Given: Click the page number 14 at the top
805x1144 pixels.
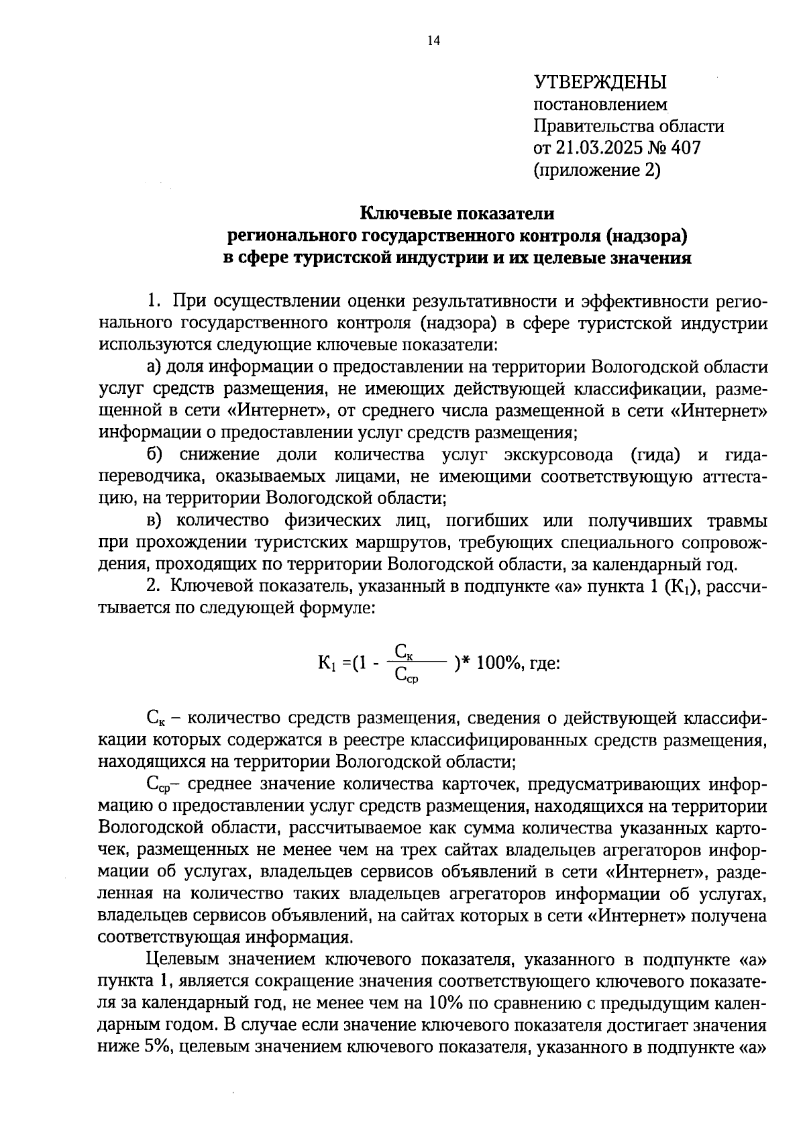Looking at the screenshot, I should point(433,42).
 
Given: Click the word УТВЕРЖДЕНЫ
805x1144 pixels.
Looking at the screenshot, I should point(600,83).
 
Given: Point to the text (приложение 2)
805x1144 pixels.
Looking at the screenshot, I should point(597,170).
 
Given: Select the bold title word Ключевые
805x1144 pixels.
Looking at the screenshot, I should point(404,213).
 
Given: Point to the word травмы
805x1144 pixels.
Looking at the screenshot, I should point(736,521).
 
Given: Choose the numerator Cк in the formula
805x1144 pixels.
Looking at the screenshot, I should point(403,651).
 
